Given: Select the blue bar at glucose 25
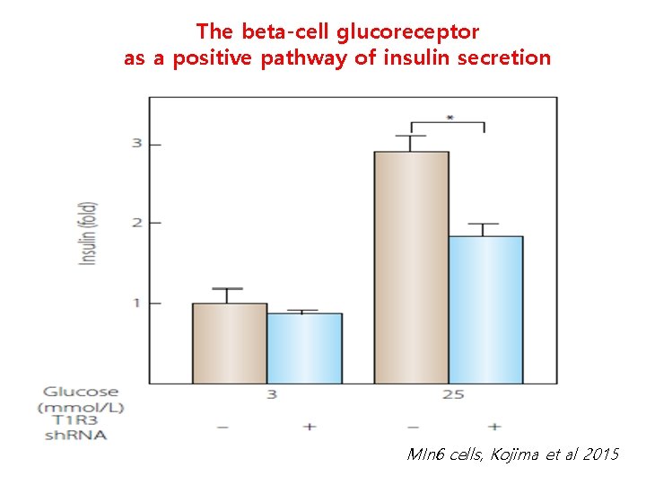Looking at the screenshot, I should tap(485, 309).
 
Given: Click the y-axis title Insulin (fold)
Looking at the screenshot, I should tap(90, 233).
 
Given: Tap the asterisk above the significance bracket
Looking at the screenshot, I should tap(448, 117).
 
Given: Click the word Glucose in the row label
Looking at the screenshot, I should tap(80, 392).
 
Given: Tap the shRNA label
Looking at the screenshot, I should tap(75, 436).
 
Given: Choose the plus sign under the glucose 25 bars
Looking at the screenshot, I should tap(494, 427).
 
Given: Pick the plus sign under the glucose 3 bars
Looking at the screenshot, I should tap(310, 427).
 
